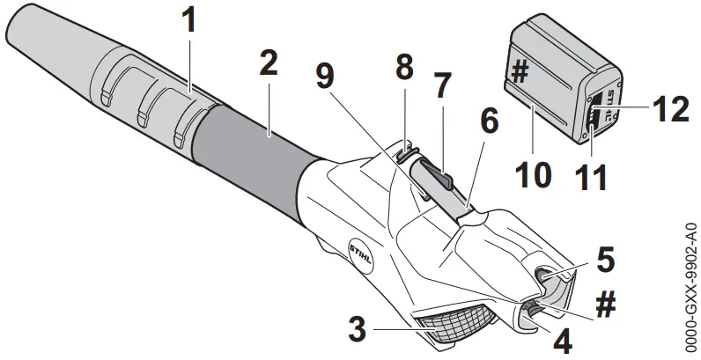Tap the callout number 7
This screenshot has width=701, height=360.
click(441, 84)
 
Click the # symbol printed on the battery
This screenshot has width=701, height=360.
click(520, 74)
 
